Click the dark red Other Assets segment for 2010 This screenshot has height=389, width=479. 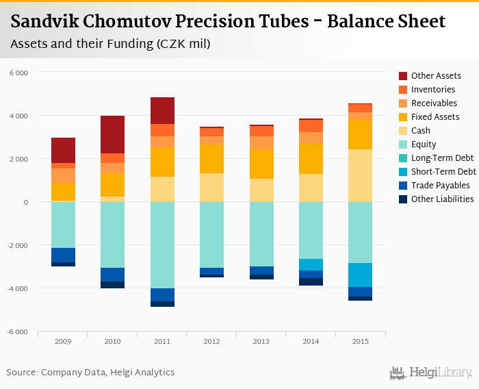pyautogui.click(x=112, y=134)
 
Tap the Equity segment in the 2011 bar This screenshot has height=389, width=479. pyautogui.click(x=162, y=245)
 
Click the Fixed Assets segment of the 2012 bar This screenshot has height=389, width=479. pyautogui.click(x=211, y=158)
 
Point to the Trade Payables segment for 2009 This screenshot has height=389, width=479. pyautogui.click(x=63, y=255)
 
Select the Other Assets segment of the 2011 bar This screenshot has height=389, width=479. pyautogui.click(x=162, y=110)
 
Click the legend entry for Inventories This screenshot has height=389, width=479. pyautogui.click(x=433, y=90)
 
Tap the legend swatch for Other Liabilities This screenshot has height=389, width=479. pyautogui.click(x=403, y=199)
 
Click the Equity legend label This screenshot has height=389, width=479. pyautogui.click(x=424, y=145)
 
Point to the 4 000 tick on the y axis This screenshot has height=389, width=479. pyautogui.click(x=19, y=116)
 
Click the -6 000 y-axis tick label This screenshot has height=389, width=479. pyautogui.click(x=18, y=331)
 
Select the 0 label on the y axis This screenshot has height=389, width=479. pyautogui.click(x=25, y=202)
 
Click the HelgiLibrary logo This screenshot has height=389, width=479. pyautogui.click(x=431, y=373)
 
